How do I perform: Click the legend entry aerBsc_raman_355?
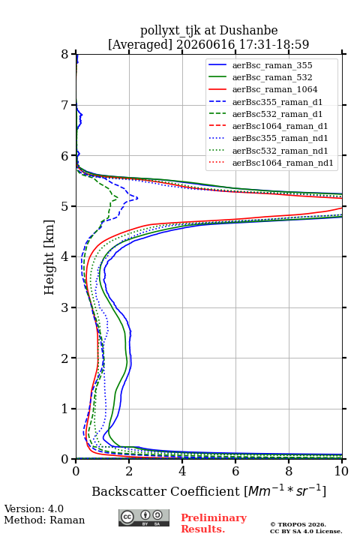[x=272, y=65]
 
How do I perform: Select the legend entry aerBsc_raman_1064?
[x=275, y=89]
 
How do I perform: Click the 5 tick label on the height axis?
[x=64, y=206]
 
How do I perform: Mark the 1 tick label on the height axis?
[x=64, y=409]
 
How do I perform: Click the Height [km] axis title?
[x=49, y=257]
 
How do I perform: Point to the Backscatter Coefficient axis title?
[x=208, y=490]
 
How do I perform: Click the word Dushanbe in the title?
[x=248, y=31]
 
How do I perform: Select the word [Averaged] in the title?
[x=139, y=44]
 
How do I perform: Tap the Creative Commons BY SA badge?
[x=144, y=517]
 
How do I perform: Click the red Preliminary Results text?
[x=214, y=523]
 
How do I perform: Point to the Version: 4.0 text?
[x=34, y=508]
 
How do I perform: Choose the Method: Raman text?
[x=44, y=520]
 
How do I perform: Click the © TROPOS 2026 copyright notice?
[x=298, y=524]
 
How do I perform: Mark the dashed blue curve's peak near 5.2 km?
[x=137, y=198]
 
